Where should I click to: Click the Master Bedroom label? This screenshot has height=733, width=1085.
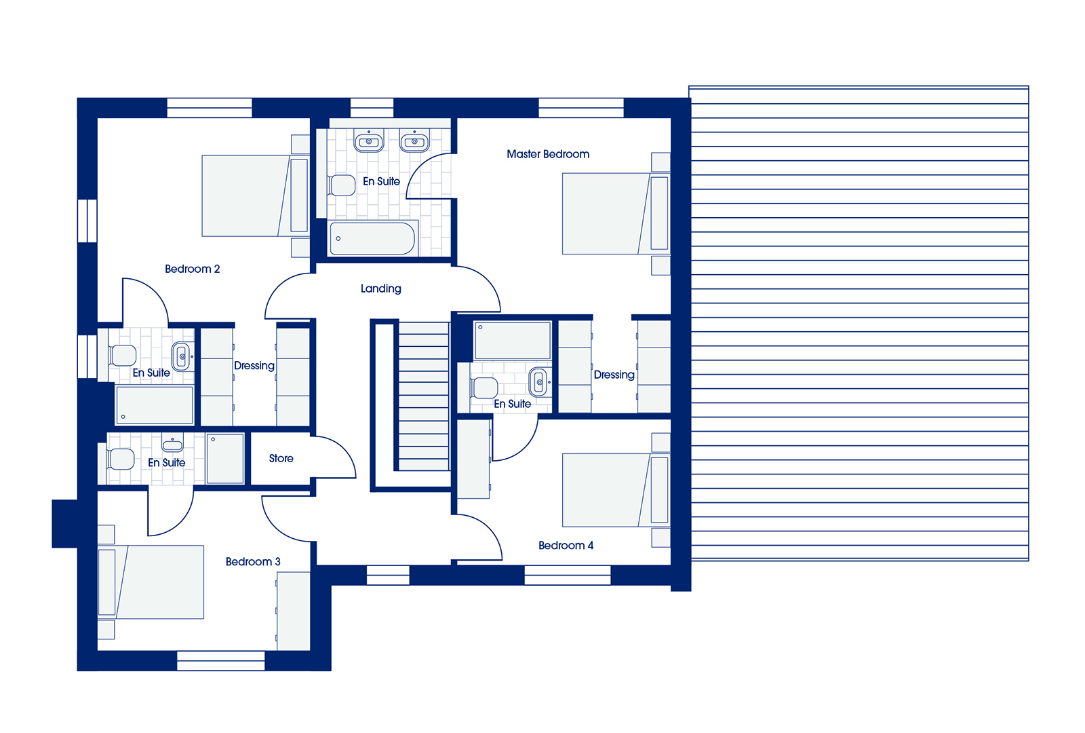(x=548, y=154)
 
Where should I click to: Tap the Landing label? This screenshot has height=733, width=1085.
(x=380, y=289)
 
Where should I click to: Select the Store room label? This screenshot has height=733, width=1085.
(x=281, y=458)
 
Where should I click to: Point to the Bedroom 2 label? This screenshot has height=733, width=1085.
(x=193, y=269)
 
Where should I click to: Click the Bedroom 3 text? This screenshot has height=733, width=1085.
(x=253, y=561)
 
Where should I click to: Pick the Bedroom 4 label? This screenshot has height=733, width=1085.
(x=566, y=546)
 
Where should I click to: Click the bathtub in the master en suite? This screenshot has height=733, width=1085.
(x=372, y=238)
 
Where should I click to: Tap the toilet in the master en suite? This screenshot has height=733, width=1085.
(x=342, y=185)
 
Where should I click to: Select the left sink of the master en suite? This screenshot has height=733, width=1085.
(x=369, y=140)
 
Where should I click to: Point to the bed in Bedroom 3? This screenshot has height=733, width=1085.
(x=151, y=582)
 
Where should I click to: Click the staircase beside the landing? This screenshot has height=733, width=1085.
(x=424, y=396)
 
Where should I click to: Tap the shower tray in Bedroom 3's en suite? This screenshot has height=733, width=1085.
(x=224, y=459)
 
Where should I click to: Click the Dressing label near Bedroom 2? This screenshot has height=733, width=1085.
(x=254, y=366)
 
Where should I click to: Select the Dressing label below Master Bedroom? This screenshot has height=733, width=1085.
(x=614, y=375)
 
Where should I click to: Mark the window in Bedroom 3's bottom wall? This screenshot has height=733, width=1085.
(x=221, y=661)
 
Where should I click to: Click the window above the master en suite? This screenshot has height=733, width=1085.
(x=372, y=108)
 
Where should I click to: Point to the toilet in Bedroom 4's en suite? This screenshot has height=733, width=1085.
(x=484, y=388)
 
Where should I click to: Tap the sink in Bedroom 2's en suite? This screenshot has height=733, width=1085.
(x=182, y=356)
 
